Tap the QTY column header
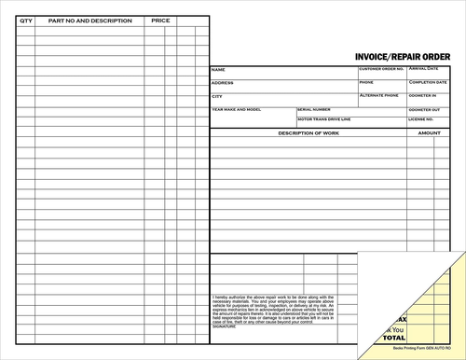[25, 20]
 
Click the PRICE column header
[160, 20]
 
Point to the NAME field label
[218, 70]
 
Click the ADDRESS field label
[223, 83]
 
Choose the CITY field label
[217, 96]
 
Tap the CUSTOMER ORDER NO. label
[381, 69]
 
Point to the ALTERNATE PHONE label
[378, 95]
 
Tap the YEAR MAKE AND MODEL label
[238, 109]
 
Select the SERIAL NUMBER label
[314, 109]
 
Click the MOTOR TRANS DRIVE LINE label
[324, 119]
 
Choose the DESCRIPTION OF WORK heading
[308, 133]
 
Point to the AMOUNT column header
[430, 133]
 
